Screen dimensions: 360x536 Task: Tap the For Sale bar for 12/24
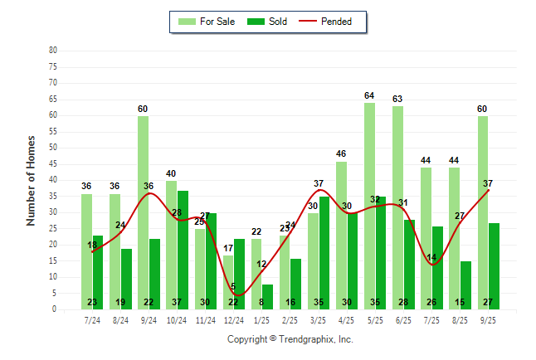228,282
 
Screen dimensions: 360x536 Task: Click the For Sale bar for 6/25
397,207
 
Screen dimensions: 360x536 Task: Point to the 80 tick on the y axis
53,50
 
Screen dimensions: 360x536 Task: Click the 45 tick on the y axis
53,163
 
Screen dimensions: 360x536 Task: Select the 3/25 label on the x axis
319,319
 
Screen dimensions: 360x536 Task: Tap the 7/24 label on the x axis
92,319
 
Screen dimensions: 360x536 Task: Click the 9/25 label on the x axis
488,319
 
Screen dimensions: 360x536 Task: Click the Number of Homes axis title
31,180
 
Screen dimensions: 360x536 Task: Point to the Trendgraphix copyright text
290,339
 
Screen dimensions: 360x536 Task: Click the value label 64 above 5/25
369,96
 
